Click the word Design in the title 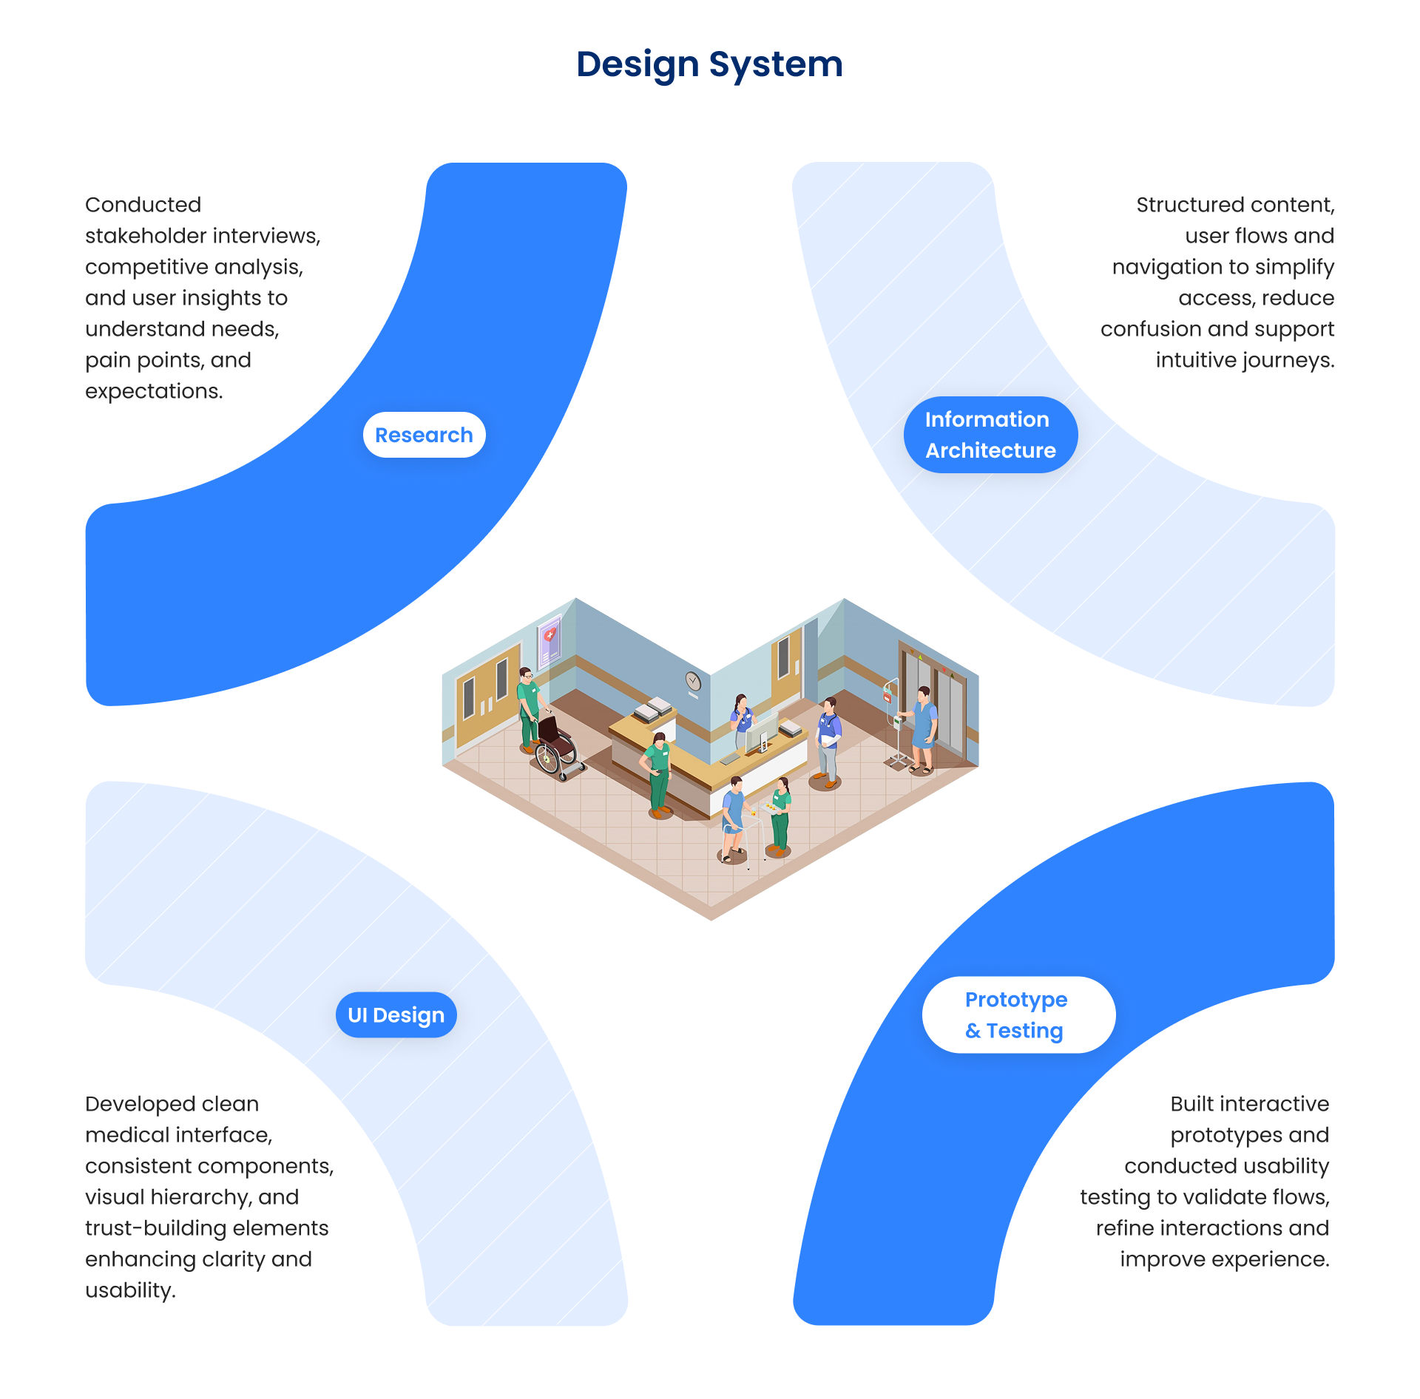(638, 64)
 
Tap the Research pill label (424, 435)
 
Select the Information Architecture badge (990, 435)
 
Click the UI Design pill (396, 1014)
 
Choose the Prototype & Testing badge (1018, 1014)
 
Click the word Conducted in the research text (143, 205)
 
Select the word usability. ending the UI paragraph (130, 1290)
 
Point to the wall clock (693, 680)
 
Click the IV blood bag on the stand (887, 695)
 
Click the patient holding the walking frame (734, 817)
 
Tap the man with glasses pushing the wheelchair (528, 706)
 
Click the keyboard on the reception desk (731, 759)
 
